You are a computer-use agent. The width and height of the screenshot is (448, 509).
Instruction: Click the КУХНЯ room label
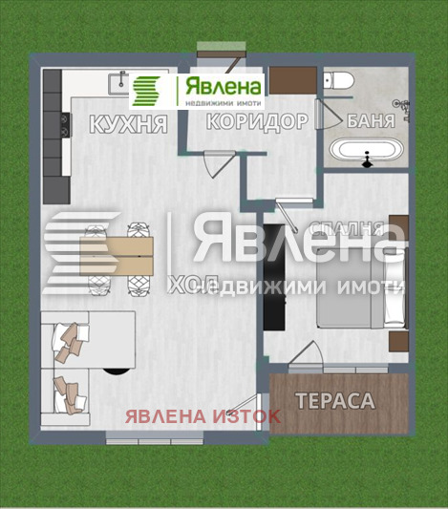click(x=128, y=123)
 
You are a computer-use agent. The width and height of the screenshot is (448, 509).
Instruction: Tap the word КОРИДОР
click(x=257, y=121)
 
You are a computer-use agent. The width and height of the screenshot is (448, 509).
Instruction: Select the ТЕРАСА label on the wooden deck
click(x=333, y=401)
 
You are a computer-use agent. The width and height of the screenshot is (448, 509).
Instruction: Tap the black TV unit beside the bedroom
click(x=272, y=277)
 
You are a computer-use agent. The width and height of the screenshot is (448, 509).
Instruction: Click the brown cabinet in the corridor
click(x=288, y=80)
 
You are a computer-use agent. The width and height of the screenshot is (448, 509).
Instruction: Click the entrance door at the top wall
click(x=211, y=51)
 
